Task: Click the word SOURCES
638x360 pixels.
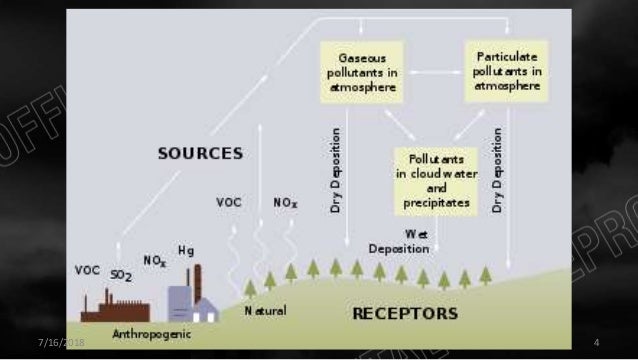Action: pos(200,153)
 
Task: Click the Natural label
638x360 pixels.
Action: pos(266,311)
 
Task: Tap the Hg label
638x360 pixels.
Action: pos(186,249)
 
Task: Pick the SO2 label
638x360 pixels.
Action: pos(122,274)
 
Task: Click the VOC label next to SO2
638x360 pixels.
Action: pos(88,270)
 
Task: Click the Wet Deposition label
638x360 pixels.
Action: pos(400,241)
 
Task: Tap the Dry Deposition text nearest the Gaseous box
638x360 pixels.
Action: pos(336,169)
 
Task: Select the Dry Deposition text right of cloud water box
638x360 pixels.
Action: pos(497,169)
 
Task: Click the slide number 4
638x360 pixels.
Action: pos(595,343)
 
